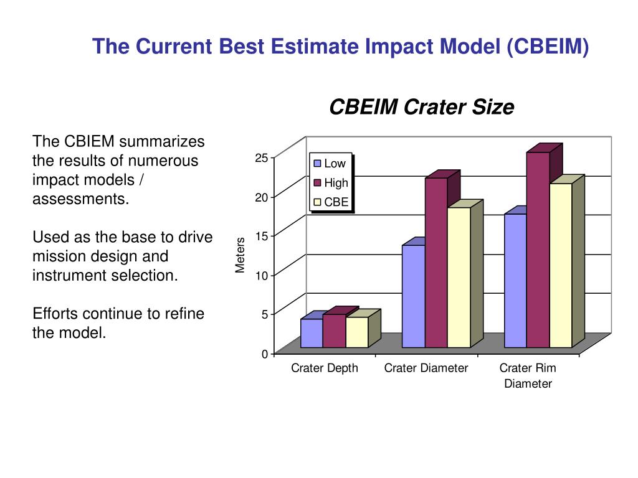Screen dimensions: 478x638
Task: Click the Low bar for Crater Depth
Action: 312,333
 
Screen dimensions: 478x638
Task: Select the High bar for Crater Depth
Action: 334,331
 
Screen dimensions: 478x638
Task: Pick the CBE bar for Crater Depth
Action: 357,332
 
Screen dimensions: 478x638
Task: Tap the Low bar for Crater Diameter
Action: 414,296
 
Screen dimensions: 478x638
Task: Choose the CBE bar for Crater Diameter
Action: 459,278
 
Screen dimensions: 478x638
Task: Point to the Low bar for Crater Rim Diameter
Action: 515,281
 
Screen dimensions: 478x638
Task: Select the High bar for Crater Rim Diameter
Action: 538,250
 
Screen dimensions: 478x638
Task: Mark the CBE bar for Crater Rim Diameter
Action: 561,265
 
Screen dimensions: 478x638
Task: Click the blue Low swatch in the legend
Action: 317,164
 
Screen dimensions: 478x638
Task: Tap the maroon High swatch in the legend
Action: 317,183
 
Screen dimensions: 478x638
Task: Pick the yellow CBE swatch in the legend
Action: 317,202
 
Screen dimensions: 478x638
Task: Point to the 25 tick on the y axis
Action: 261,158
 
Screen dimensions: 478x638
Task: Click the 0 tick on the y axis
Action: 264,354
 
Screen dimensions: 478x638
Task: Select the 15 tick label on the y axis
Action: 261,237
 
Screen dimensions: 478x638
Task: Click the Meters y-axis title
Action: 240,255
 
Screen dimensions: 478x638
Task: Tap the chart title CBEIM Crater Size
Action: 421,108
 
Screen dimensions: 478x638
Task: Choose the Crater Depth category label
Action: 325,368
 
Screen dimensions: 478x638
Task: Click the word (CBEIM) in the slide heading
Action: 547,47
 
